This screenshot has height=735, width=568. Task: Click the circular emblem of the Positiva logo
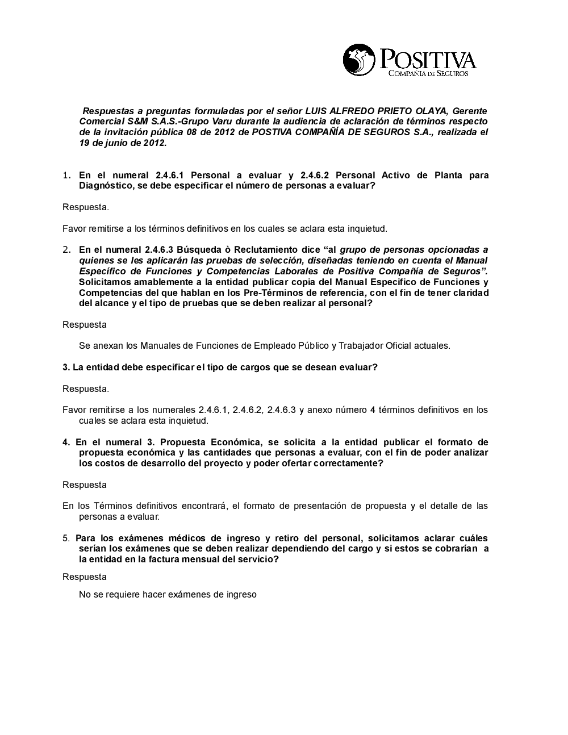pyautogui.click(x=358, y=60)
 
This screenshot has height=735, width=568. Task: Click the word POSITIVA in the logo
pyautogui.click(x=428, y=59)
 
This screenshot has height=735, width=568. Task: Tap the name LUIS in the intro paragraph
pyautogui.click(x=317, y=111)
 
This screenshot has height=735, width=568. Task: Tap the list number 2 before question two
pyautogui.click(x=66, y=250)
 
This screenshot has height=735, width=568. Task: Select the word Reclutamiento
pyautogui.click(x=264, y=250)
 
